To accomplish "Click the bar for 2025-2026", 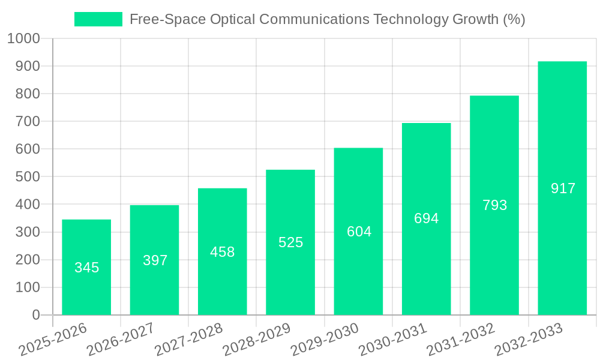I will pyautogui.click(x=86, y=267).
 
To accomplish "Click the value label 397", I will pyautogui.click(x=155, y=260).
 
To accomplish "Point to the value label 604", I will pyautogui.click(x=359, y=232).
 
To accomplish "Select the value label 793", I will pyautogui.click(x=494, y=205).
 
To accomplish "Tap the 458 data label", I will pyautogui.click(x=222, y=252).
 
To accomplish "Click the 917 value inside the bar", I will pyautogui.click(x=563, y=188).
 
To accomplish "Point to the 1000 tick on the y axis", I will pyautogui.click(x=23, y=38).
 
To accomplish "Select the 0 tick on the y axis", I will pyautogui.click(x=36, y=315).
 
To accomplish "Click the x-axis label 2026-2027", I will pyautogui.click(x=120, y=340).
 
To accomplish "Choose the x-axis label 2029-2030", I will pyautogui.click(x=324, y=340).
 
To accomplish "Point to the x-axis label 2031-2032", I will pyautogui.click(x=460, y=340).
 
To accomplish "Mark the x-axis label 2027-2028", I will pyautogui.click(x=188, y=340).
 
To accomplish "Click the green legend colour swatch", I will pyautogui.click(x=98, y=19).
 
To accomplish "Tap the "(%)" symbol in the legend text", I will pyautogui.click(x=514, y=19).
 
